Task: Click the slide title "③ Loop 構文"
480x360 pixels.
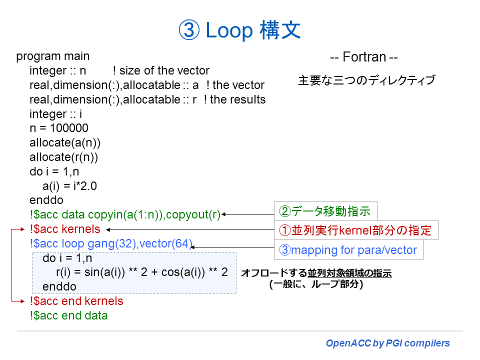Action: [239, 30]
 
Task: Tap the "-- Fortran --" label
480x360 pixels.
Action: [363, 57]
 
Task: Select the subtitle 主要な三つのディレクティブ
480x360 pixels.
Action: [366, 80]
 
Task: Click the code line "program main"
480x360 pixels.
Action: [53, 56]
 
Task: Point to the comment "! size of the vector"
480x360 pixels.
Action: [161, 70]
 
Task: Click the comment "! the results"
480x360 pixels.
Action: [234, 99]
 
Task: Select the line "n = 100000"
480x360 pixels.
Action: [59, 128]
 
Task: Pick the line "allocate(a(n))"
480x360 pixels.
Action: [65, 143]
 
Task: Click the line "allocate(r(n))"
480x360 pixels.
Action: [63, 157]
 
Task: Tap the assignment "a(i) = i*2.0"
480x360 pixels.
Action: [69, 186]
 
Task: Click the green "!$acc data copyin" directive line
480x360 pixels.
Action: [125, 215]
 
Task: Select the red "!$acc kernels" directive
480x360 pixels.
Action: [65, 229]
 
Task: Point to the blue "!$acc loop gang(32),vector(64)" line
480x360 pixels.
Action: [111, 244]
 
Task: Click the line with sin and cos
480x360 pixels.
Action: [141, 272]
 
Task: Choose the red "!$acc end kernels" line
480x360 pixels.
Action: [76, 301]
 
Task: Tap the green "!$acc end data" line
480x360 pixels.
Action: [68, 315]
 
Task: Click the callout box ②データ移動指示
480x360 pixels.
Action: [325, 211]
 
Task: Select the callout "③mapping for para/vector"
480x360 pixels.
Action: [348, 249]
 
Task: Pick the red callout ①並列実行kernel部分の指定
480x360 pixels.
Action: [355, 231]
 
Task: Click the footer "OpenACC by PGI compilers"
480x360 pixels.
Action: [387, 343]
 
